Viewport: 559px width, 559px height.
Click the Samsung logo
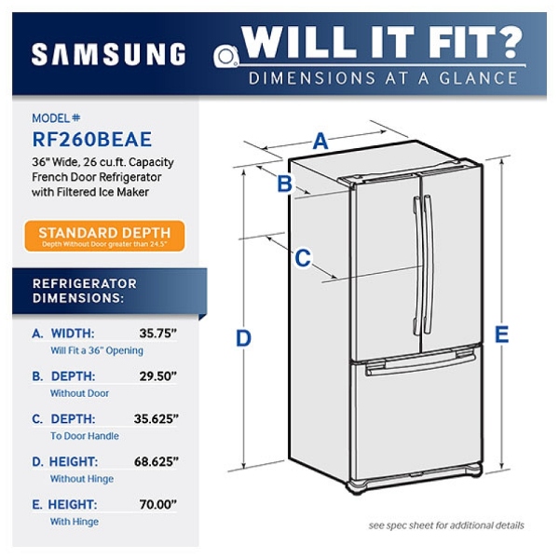coord(108,54)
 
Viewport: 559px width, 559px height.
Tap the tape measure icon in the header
coord(226,55)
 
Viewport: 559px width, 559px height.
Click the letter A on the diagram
coord(320,141)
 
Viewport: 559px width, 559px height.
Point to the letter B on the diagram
coord(285,184)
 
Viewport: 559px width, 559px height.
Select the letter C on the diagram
coord(302,258)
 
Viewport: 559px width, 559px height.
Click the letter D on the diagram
coord(243,337)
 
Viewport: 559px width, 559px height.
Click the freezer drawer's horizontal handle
coord(418,364)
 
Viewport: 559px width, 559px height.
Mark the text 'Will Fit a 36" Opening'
coord(97,350)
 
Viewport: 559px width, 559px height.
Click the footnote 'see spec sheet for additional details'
coord(445,525)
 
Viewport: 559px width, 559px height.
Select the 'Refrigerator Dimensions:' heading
coord(85,291)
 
